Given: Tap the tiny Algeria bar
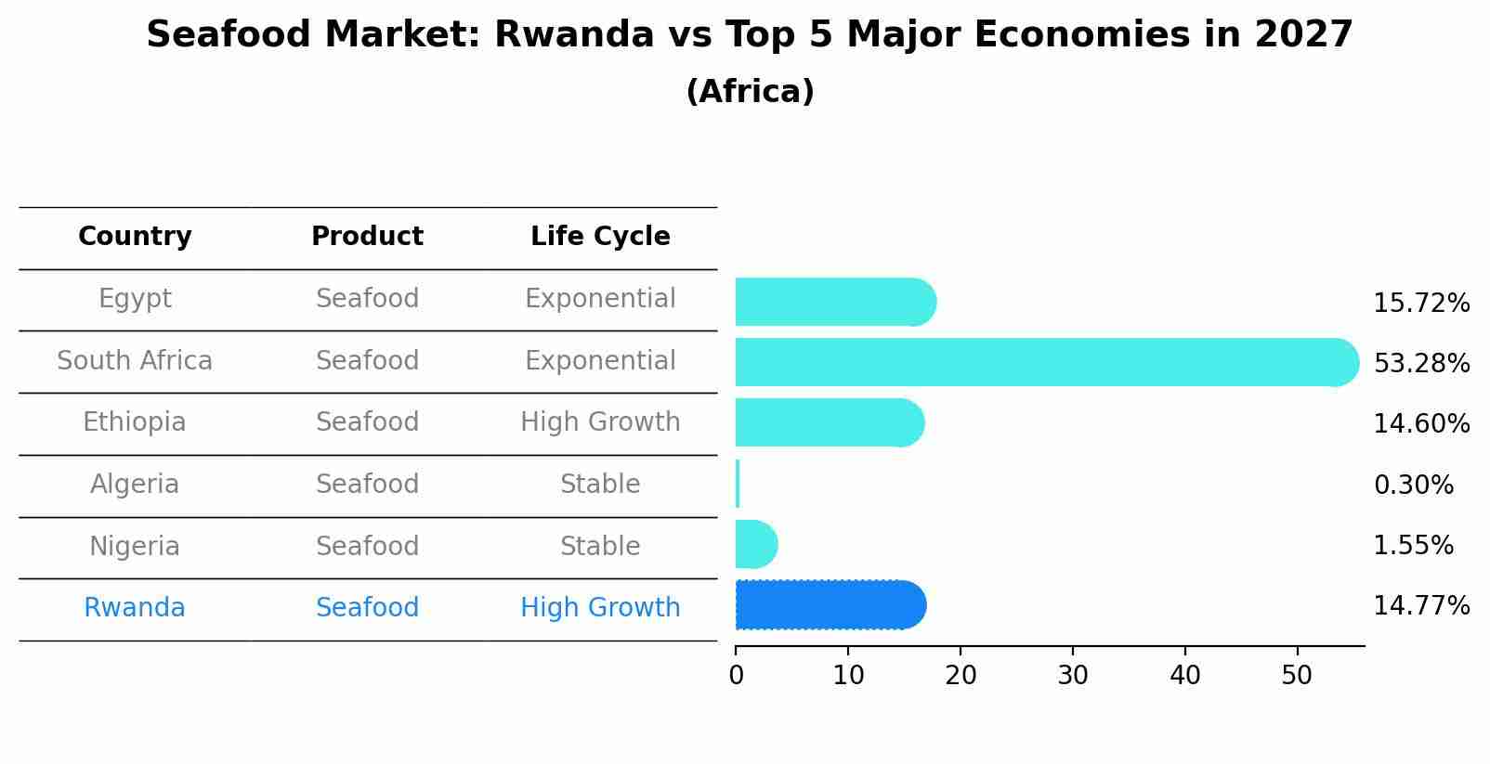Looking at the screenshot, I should [x=738, y=484].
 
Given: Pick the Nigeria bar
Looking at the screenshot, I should [x=755, y=544].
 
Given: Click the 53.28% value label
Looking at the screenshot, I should [x=1421, y=363].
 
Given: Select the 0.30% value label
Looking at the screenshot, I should [x=1413, y=485].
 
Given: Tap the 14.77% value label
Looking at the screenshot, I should [x=1421, y=606].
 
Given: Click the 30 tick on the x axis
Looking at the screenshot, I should [x=1073, y=675].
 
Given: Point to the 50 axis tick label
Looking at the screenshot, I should [x=1297, y=675].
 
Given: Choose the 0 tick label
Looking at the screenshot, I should [x=736, y=675].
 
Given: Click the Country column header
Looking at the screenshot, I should [x=135, y=237].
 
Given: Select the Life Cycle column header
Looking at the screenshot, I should [x=600, y=237].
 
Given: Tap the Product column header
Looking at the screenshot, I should [x=367, y=237].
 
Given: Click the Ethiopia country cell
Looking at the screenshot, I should [x=135, y=422].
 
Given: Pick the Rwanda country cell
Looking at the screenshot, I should [x=135, y=608].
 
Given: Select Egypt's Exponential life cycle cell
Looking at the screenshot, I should [x=600, y=299].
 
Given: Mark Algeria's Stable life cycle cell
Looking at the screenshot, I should [x=600, y=485].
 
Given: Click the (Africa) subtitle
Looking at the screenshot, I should [x=750, y=92].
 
